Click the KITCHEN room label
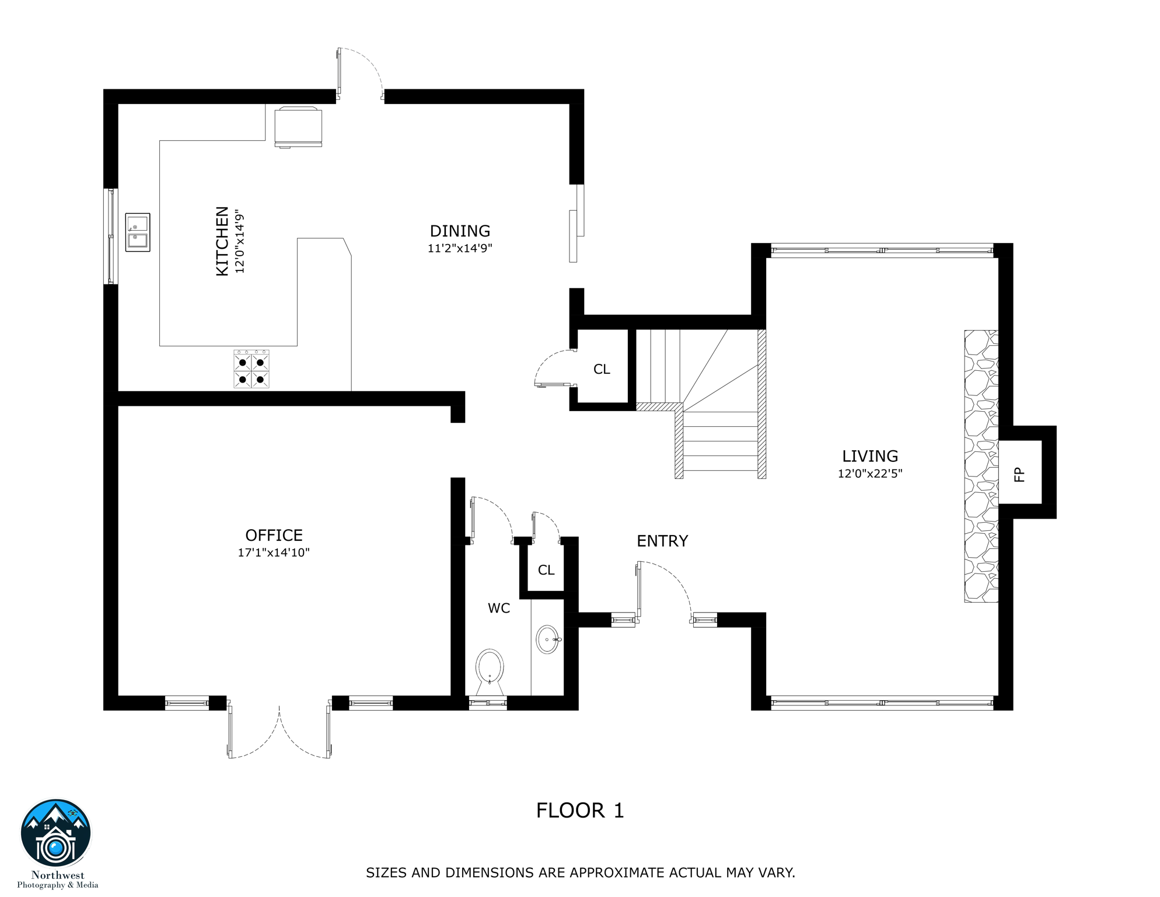coord(222,241)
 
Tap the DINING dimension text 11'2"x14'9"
coord(460,248)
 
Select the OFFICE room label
coord(274,535)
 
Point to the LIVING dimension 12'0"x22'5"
coord(869,474)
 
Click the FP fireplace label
coord(1019,474)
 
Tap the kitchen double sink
coord(138,232)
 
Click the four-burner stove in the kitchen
coord(251,370)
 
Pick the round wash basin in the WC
coord(547,639)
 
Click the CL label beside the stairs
coord(602,369)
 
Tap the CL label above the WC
coord(546,570)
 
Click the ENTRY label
coord(662,541)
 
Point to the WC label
coord(499,609)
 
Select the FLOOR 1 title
coord(580,811)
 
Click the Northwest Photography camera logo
coord(56,834)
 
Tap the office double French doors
coord(279,730)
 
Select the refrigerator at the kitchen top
coord(298,127)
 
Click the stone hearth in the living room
coord(981,466)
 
